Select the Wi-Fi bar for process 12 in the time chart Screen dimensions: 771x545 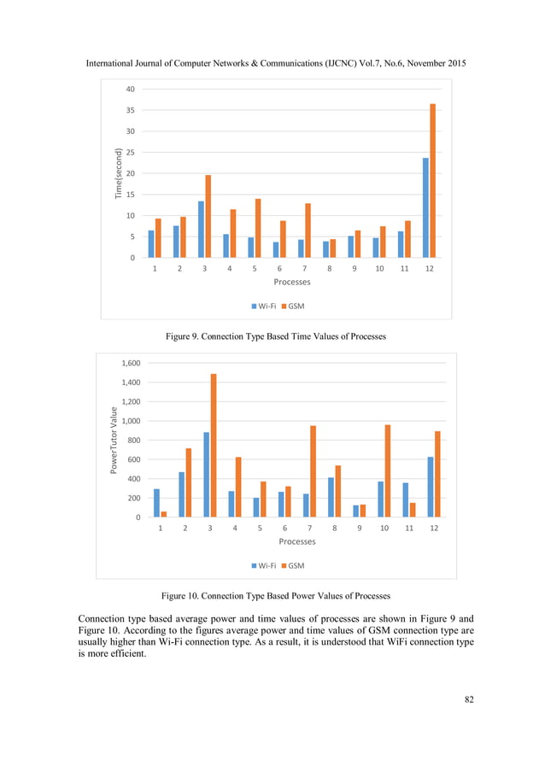point(425,207)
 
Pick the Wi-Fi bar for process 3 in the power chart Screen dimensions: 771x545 point(206,475)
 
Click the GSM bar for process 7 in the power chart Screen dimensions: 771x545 point(313,471)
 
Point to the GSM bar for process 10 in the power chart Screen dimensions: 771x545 point(387,471)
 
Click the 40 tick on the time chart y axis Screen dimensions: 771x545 point(131,89)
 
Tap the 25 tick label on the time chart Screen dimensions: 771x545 point(131,152)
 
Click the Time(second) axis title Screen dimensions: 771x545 point(120,173)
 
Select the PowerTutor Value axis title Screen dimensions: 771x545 point(113,441)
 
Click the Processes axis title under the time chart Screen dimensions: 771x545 point(291,282)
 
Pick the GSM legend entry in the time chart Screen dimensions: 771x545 point(295,306)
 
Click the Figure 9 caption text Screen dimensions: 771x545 point(275,336)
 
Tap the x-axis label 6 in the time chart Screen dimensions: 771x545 point(279,269)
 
